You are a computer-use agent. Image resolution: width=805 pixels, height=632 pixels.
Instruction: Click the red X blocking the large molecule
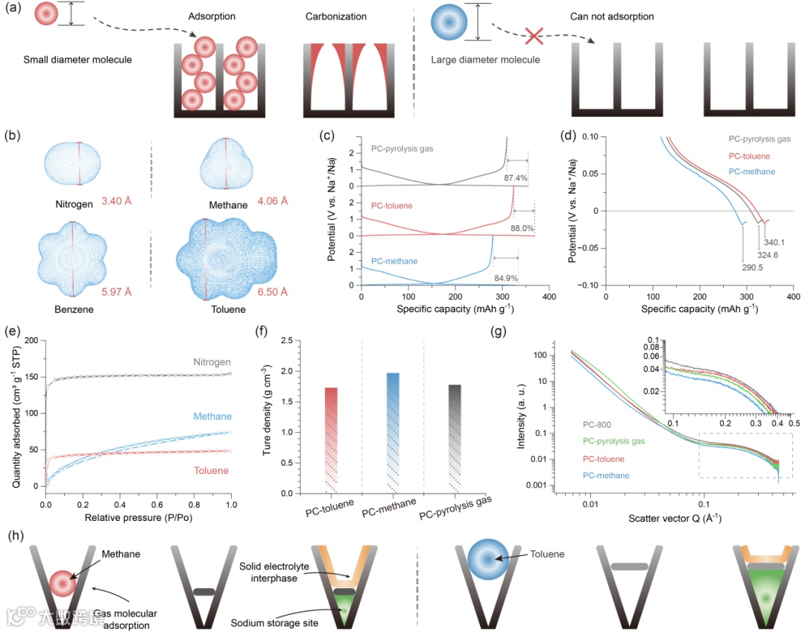click(532, 35)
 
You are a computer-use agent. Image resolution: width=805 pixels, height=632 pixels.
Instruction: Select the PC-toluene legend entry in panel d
click(751, 157)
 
